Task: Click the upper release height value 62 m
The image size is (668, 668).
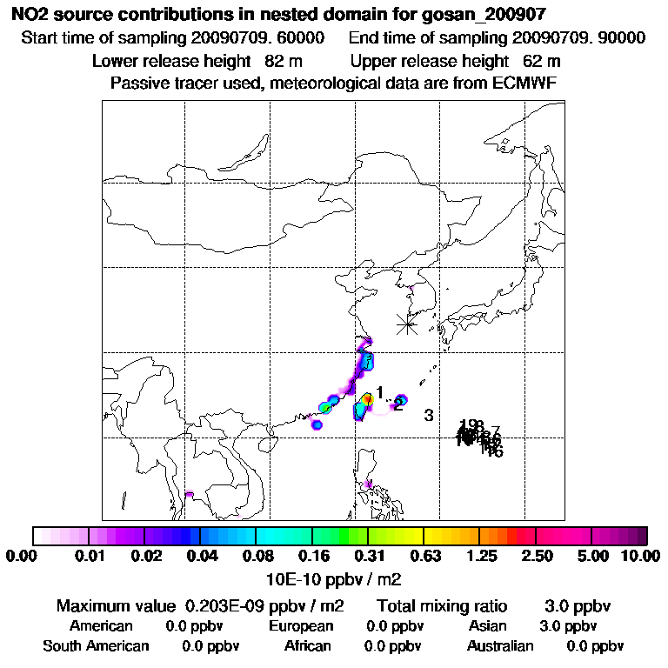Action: (542, 62)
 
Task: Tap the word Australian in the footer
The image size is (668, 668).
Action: (500, 646)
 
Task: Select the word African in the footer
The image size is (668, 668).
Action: (308, 646)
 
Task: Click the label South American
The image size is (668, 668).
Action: (96, 646)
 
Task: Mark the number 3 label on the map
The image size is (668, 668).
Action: (429, 415)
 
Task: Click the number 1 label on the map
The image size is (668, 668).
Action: (380, 392)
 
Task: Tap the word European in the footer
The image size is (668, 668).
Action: (301, 626)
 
